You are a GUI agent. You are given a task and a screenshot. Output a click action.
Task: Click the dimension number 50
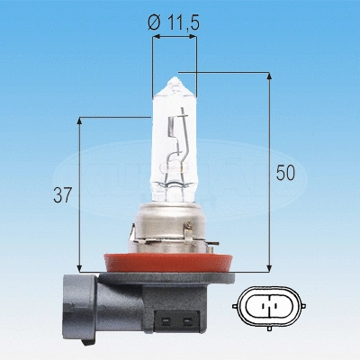pyautogui.click(x=284, y=173)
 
